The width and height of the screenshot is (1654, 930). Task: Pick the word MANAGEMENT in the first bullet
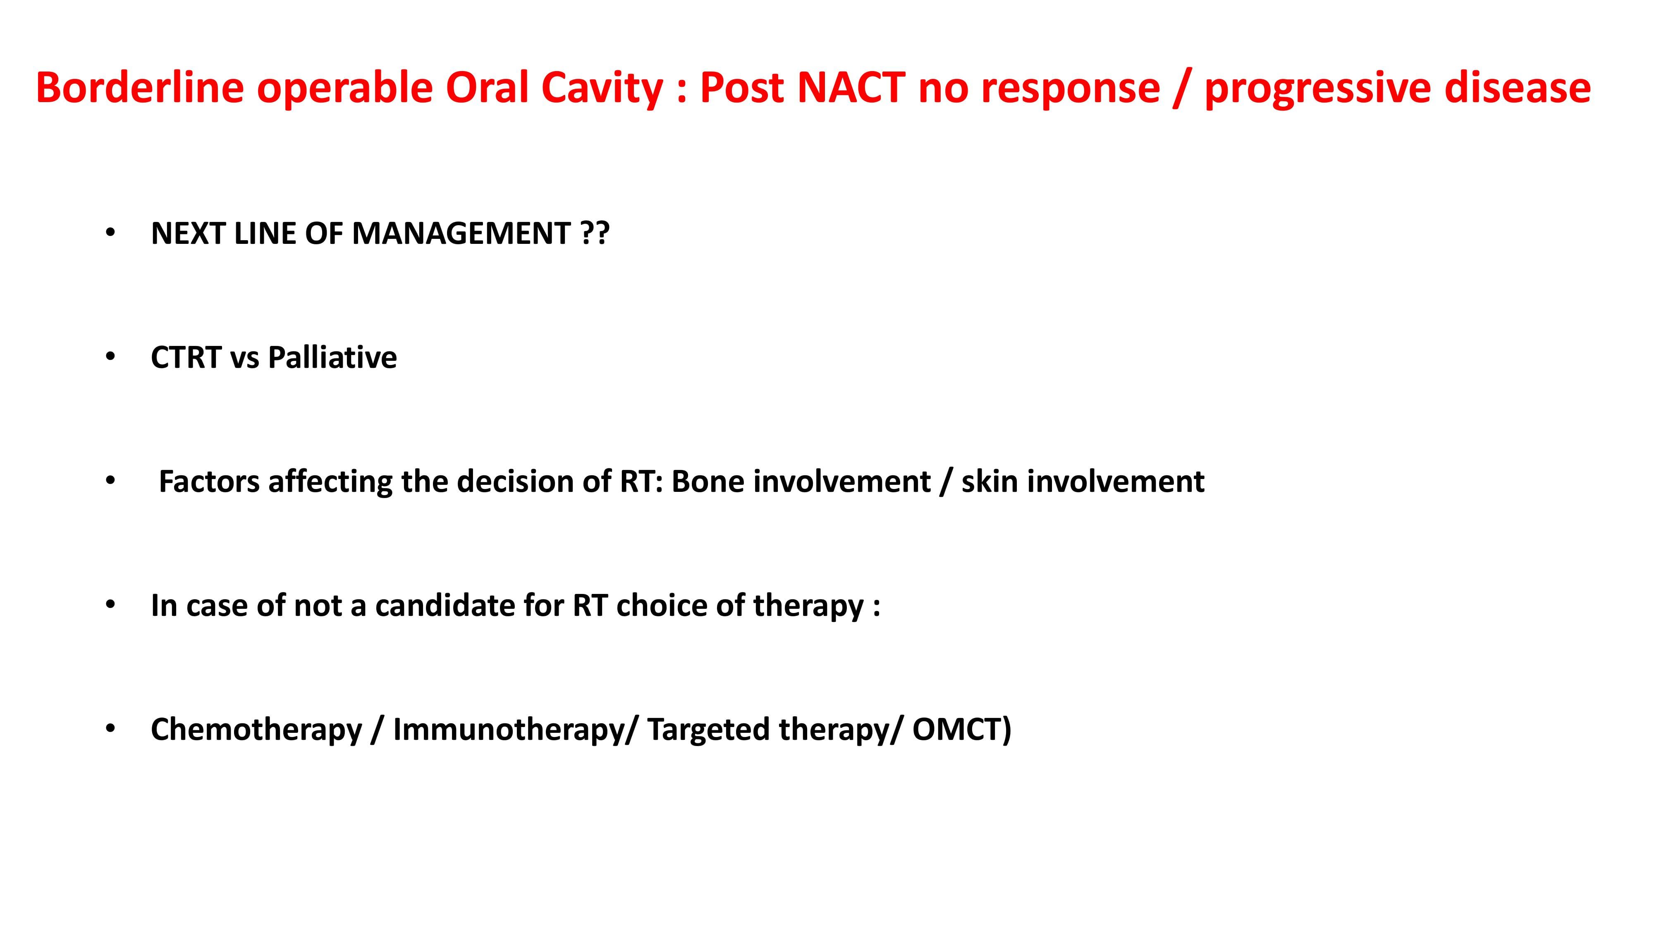461,233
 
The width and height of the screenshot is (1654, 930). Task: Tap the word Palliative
332,357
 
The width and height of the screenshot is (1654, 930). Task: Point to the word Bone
708,482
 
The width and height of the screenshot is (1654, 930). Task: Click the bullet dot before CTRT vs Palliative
110,356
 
